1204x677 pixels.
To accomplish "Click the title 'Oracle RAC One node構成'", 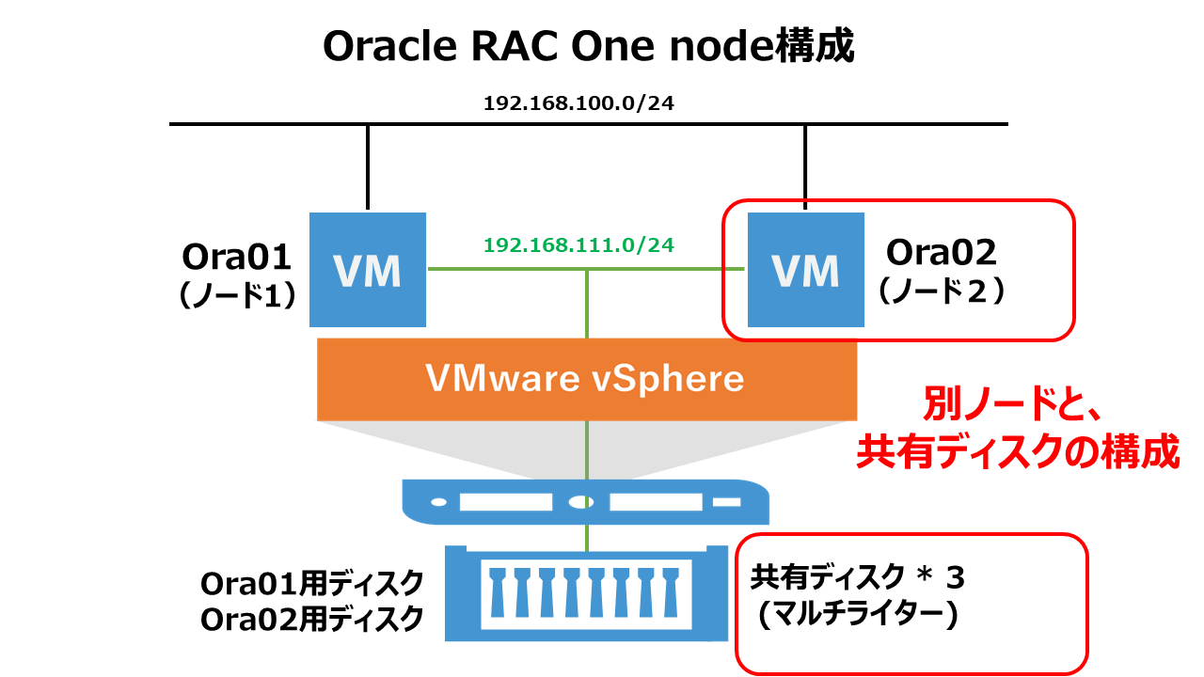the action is click(589, 46).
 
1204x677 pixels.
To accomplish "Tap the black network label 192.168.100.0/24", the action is click(578, 103).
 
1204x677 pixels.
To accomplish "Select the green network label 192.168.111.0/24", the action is click(578, 245).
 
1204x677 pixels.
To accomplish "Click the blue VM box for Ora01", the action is click(368, 270).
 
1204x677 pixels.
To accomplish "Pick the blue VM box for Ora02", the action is click(806, 270).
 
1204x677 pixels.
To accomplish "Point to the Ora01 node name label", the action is click(236, 257).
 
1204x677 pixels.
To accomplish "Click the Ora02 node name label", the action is click(942, 252).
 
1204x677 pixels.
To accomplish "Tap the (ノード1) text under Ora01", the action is click(237, 295).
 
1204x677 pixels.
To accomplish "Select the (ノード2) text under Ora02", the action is click(942, 291).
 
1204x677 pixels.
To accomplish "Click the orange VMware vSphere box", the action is click(587, 379).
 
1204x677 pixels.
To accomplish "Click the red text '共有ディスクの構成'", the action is click(1018, 451).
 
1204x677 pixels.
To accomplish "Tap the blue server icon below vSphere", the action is click(586, 502).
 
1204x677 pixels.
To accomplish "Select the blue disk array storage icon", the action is click(586, 593).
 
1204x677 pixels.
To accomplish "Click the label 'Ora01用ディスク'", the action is click(311, 584).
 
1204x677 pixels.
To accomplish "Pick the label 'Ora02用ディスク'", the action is click(311, 619).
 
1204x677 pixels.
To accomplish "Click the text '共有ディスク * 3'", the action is click(857, 577).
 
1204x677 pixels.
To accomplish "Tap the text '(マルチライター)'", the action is click(857, 614).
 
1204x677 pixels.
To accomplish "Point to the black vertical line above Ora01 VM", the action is click(368, 167).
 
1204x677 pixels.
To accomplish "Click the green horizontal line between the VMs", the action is click(586, 269).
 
